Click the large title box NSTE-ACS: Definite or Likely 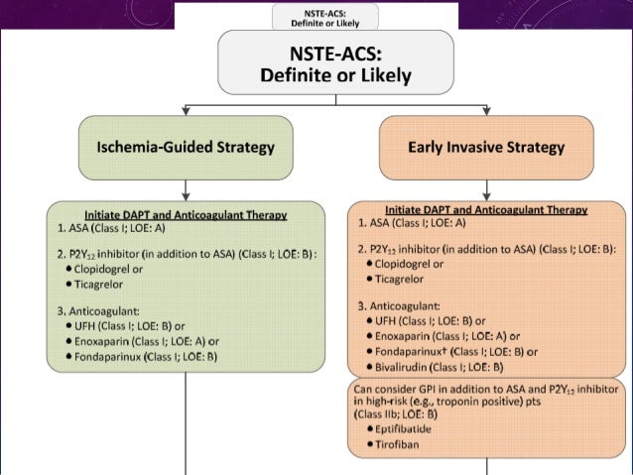click(x=335, y=61)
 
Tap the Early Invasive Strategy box click(x=486, y=148)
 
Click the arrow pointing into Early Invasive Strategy click(x=486, y=108)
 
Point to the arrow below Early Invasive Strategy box click(x=486, y=189)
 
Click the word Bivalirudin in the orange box click(x=405, y=366)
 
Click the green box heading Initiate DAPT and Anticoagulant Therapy click(x=186, y=214)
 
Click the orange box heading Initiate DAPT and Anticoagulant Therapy click(x=486, y=210)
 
